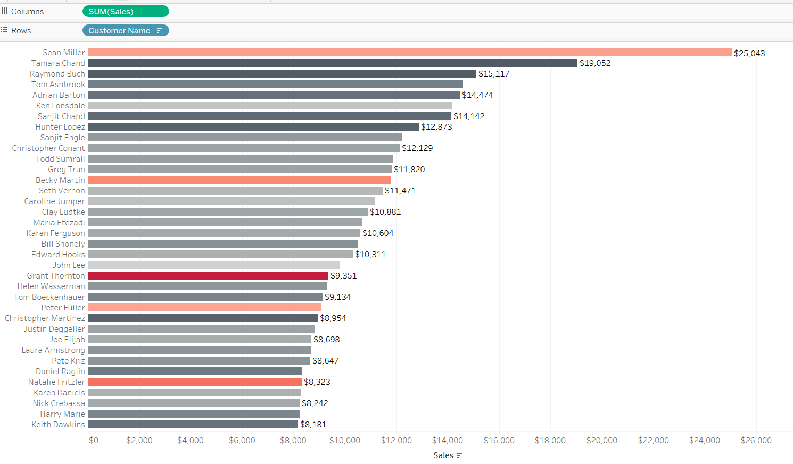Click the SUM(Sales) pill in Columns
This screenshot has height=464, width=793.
[x=125, y=11]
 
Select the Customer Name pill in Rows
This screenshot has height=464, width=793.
[x=125, y=30]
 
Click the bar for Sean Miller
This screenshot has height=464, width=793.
[x=410, y=53]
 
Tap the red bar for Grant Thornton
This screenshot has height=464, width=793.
[x=208, y=276]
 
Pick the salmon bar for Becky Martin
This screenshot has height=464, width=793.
[x=239, y=180]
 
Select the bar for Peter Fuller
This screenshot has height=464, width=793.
[x=204, y=308]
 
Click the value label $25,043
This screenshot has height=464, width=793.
[x=749, y=53]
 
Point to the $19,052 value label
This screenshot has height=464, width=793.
[x=595, y=63]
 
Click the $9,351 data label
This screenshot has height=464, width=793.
[x=344, y=276]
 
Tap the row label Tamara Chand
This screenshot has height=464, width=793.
[x=58, y=63]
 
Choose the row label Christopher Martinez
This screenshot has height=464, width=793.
[x=45, y=318]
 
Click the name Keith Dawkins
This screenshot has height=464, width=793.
[x=58, y=425]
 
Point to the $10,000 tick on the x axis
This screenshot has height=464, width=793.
[x=345, y=441]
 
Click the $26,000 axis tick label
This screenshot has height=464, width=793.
[x=756, y=441]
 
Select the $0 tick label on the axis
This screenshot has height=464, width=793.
[x=94, y=441]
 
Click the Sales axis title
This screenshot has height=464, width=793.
[x=443, y=455]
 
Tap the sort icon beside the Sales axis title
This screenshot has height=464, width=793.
[x=460, y=455]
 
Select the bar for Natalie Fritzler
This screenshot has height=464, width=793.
[x=195, y=382]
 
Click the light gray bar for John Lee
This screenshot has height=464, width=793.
[x=214, y=265]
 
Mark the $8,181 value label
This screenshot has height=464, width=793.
[x=313, y=425]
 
